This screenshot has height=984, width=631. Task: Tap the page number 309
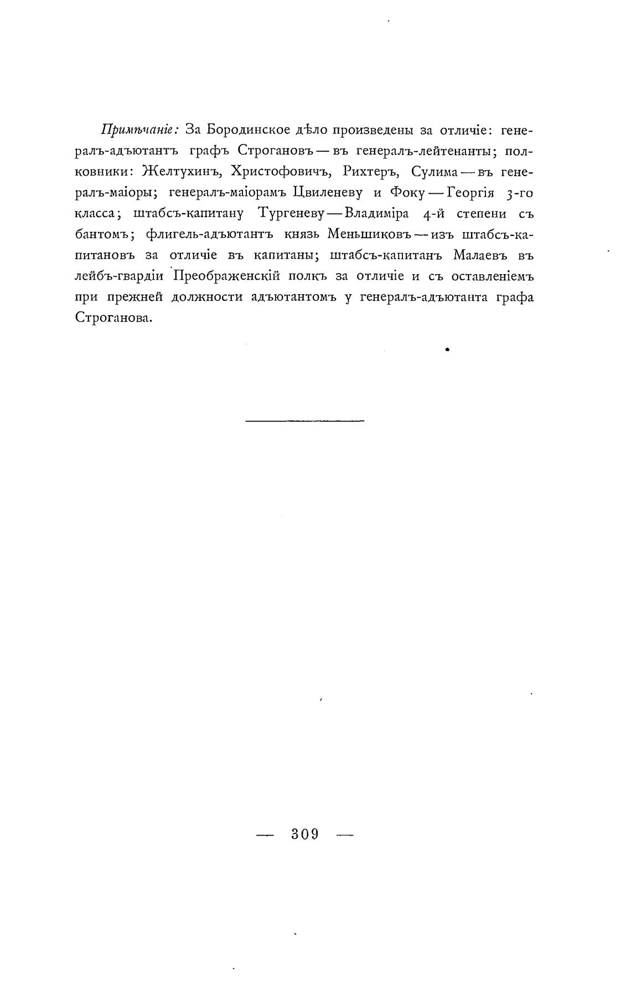[305, 834]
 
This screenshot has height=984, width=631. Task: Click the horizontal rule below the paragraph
[304, 421]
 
